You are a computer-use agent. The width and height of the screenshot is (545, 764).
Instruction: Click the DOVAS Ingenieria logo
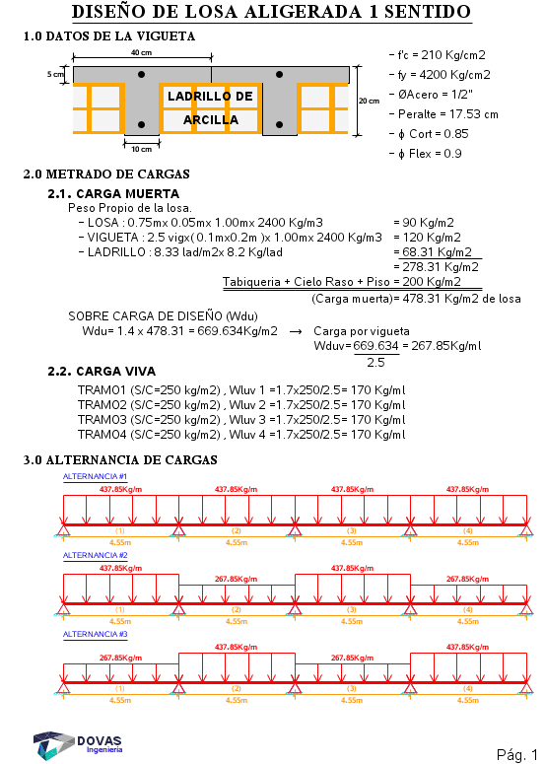(78, 744)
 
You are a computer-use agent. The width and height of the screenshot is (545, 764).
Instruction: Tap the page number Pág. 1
(517, 754)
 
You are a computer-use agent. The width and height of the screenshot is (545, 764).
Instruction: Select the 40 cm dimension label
(141, 52)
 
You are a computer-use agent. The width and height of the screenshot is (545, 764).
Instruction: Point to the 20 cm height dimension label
(370, 101)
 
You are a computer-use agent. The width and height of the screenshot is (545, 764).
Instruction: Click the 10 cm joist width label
(141, 149)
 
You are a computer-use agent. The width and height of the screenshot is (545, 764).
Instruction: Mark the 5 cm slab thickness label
(55, 74)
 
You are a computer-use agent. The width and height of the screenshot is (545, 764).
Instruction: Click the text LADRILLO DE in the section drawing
(210, 96)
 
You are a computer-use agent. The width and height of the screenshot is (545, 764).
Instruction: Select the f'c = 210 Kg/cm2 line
(438, 55)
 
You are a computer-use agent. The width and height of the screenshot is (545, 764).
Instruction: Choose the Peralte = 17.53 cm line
(443, 114)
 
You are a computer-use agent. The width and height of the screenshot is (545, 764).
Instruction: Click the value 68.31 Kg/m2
(437, 252)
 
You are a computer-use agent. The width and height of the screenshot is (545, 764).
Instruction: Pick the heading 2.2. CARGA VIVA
(102, 372)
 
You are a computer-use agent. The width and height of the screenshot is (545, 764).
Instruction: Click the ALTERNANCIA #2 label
(95, 555)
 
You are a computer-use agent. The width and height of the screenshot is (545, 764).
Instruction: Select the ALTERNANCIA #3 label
(95, 634)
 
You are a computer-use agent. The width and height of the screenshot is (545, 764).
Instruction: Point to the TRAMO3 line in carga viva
(241, 420)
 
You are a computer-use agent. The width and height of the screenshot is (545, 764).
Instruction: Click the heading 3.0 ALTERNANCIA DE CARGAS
(120, 460)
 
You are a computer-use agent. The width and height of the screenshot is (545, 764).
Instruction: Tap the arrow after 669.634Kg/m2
(296, 332)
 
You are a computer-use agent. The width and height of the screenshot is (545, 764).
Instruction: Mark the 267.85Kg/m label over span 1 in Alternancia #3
(121, 658)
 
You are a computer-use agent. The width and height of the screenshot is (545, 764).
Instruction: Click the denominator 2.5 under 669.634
(376, 363)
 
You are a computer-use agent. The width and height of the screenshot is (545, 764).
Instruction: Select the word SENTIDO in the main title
(428, 12)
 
